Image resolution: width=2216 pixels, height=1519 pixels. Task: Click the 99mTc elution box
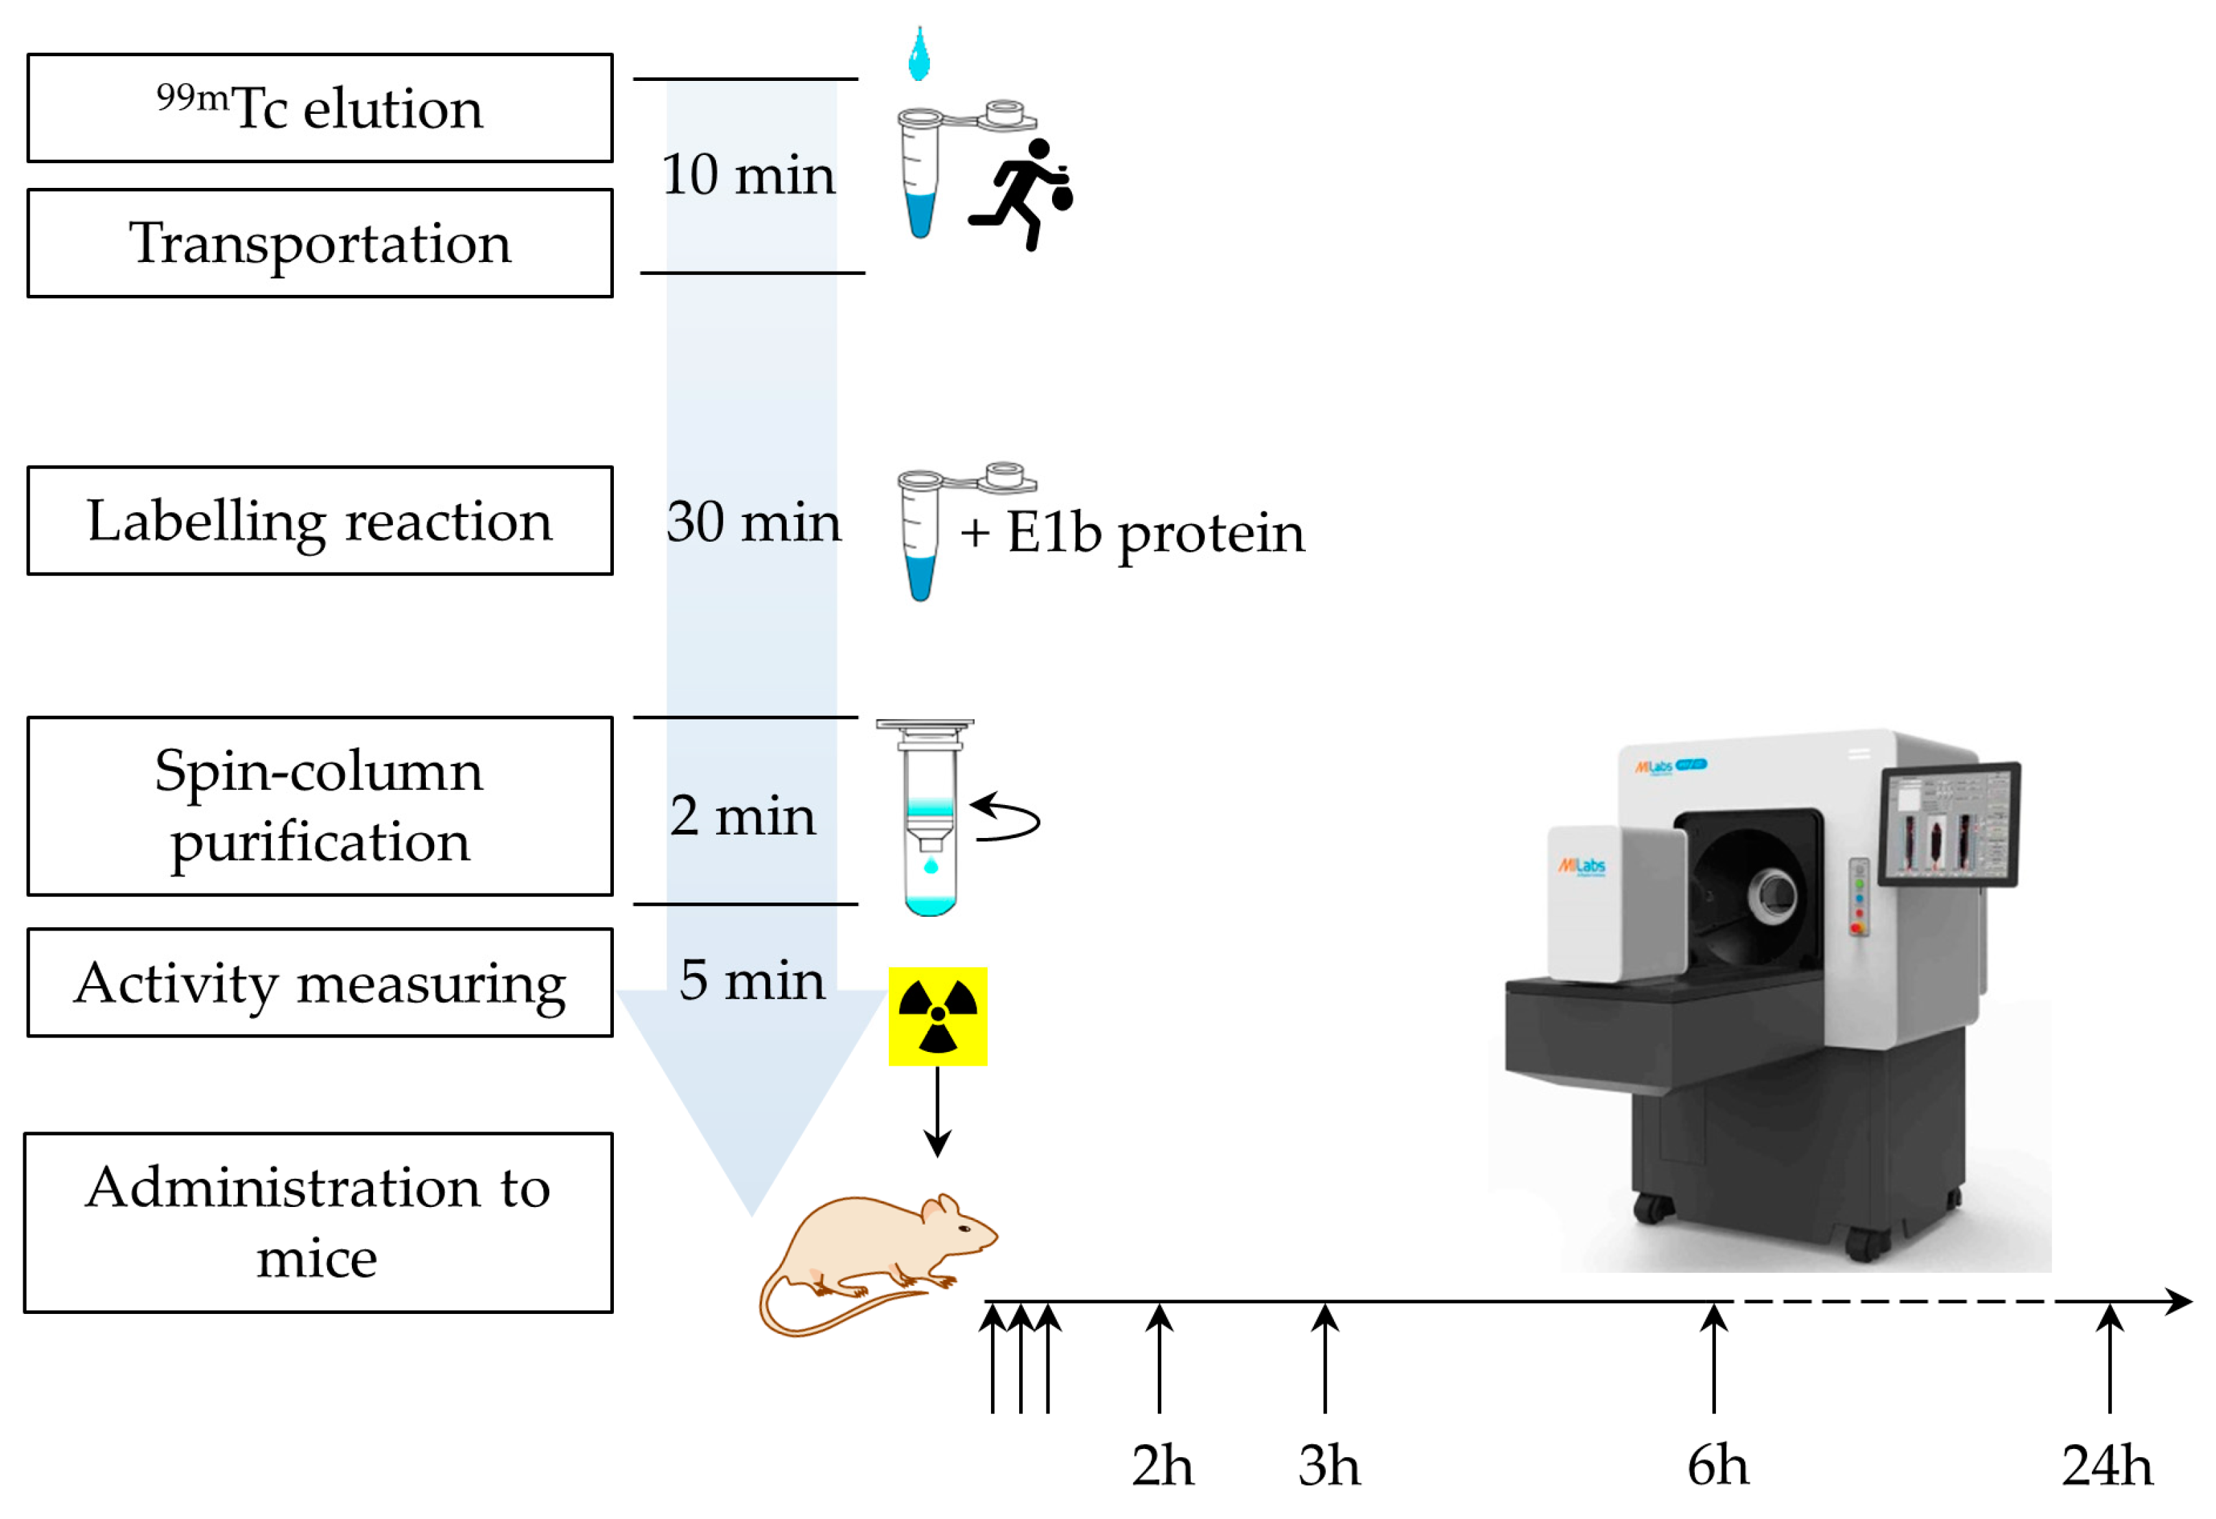(x=320, y=108)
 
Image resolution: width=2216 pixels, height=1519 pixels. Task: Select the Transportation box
(x=320, y=243)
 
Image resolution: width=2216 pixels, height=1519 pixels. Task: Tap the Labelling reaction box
(x=320, y=521)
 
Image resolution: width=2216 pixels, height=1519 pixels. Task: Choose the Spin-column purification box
(x=320, y=806)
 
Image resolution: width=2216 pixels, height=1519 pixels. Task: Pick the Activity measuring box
(x=320, y=982)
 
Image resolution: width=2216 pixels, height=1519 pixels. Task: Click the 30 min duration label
(x=753, y=522)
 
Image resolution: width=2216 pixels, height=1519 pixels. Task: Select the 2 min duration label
(x=743, y=815)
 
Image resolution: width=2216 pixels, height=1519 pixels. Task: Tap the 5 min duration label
(x=752, y=979)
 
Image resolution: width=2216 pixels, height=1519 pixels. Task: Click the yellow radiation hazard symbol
(x=938, y=1016)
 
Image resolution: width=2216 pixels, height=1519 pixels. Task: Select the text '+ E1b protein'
(x=1132, y=532)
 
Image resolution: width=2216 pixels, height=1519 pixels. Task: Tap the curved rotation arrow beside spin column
(x=1006, y=818)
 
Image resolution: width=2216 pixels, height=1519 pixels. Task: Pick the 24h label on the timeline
(x=2108, y=1466)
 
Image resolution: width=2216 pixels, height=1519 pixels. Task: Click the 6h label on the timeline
(x=1717, y=1466)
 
